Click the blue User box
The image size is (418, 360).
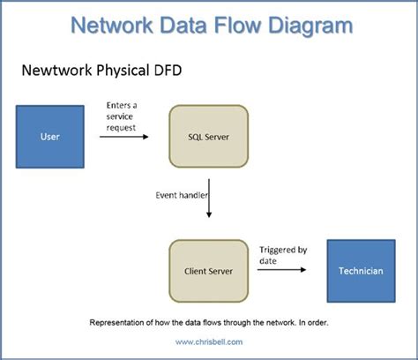(50, 136)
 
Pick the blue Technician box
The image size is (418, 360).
(361, 270)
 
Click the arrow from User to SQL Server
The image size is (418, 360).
(123, 136)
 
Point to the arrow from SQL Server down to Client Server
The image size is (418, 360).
(209, 203)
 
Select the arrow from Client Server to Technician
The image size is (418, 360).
(283, 270)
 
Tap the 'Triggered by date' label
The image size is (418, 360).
(282, 255)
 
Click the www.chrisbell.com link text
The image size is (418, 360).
(209, 341)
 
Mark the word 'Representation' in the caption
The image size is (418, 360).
(120, 323)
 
